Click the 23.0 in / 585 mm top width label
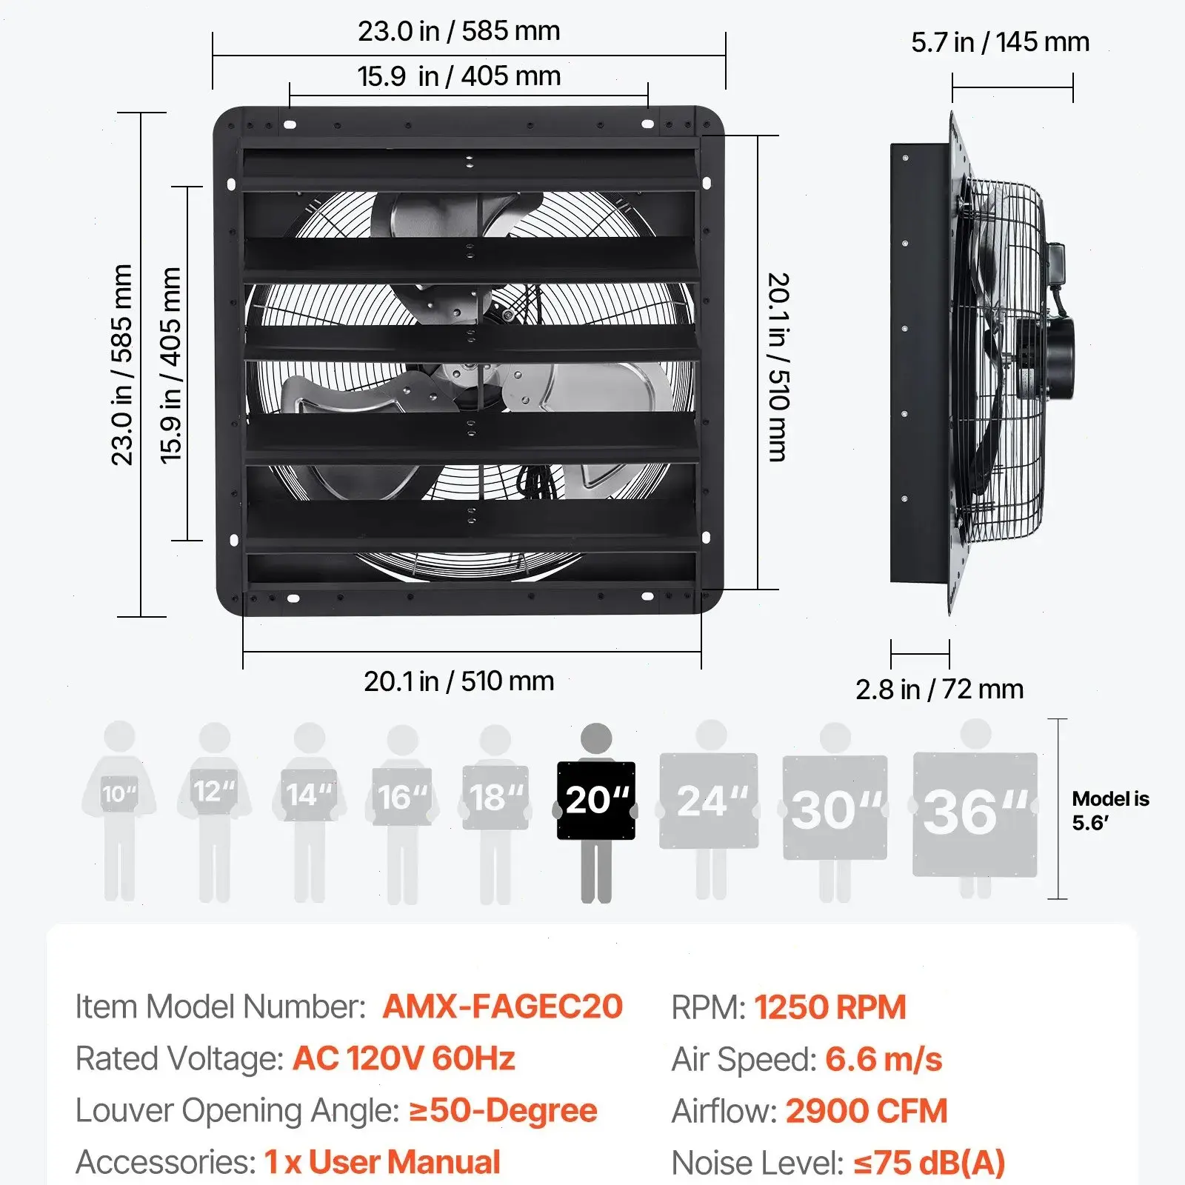click(x=458, y=31)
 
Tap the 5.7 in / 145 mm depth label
click(x=1000, y=42)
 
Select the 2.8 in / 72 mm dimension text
click(x=939, y=690)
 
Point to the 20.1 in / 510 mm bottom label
click(x=458, y=681)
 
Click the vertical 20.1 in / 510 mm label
click(x=778, y=367)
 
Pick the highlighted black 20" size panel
click(x=596, y=800)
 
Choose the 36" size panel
click(x=975, y=813)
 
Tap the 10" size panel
click(x=119, y=794)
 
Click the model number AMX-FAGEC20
click(x=502, y=1007)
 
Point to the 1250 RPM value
click(x=829, y=1007)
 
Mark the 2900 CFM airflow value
click(x=866, y=1111)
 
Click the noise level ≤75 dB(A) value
click(x=929, y=1163)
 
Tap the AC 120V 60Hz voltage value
click(x=404, y=1058)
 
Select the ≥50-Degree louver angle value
click(x=503, y=1110)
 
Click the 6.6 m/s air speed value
click(x=883, y=1059)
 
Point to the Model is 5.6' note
click(x=1109, y=810)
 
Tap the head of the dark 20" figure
click(x=596, y=738)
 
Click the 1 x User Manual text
click(x=382, y=1162)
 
